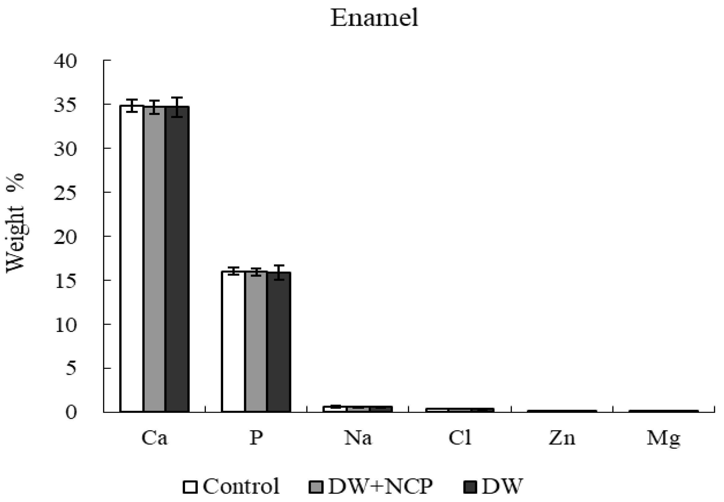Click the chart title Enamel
click(x=374, y=18)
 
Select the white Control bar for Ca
click(x=132, y=258)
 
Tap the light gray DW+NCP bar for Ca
click(x=154, y=258)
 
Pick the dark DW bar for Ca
click(x=177, y=258)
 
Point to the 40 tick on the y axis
click(x=65, y=61)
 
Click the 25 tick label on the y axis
click(x=65, y=193)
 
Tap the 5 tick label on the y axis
click(x=71, y=368)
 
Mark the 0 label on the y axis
click(x=71, y=413)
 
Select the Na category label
click(x=358, y=438)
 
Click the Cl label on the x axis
click(x=460, y=438)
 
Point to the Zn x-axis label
click(x=562, y=438)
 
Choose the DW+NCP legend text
click(x=380, y=486)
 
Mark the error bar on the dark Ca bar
click(x=177, y=107)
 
